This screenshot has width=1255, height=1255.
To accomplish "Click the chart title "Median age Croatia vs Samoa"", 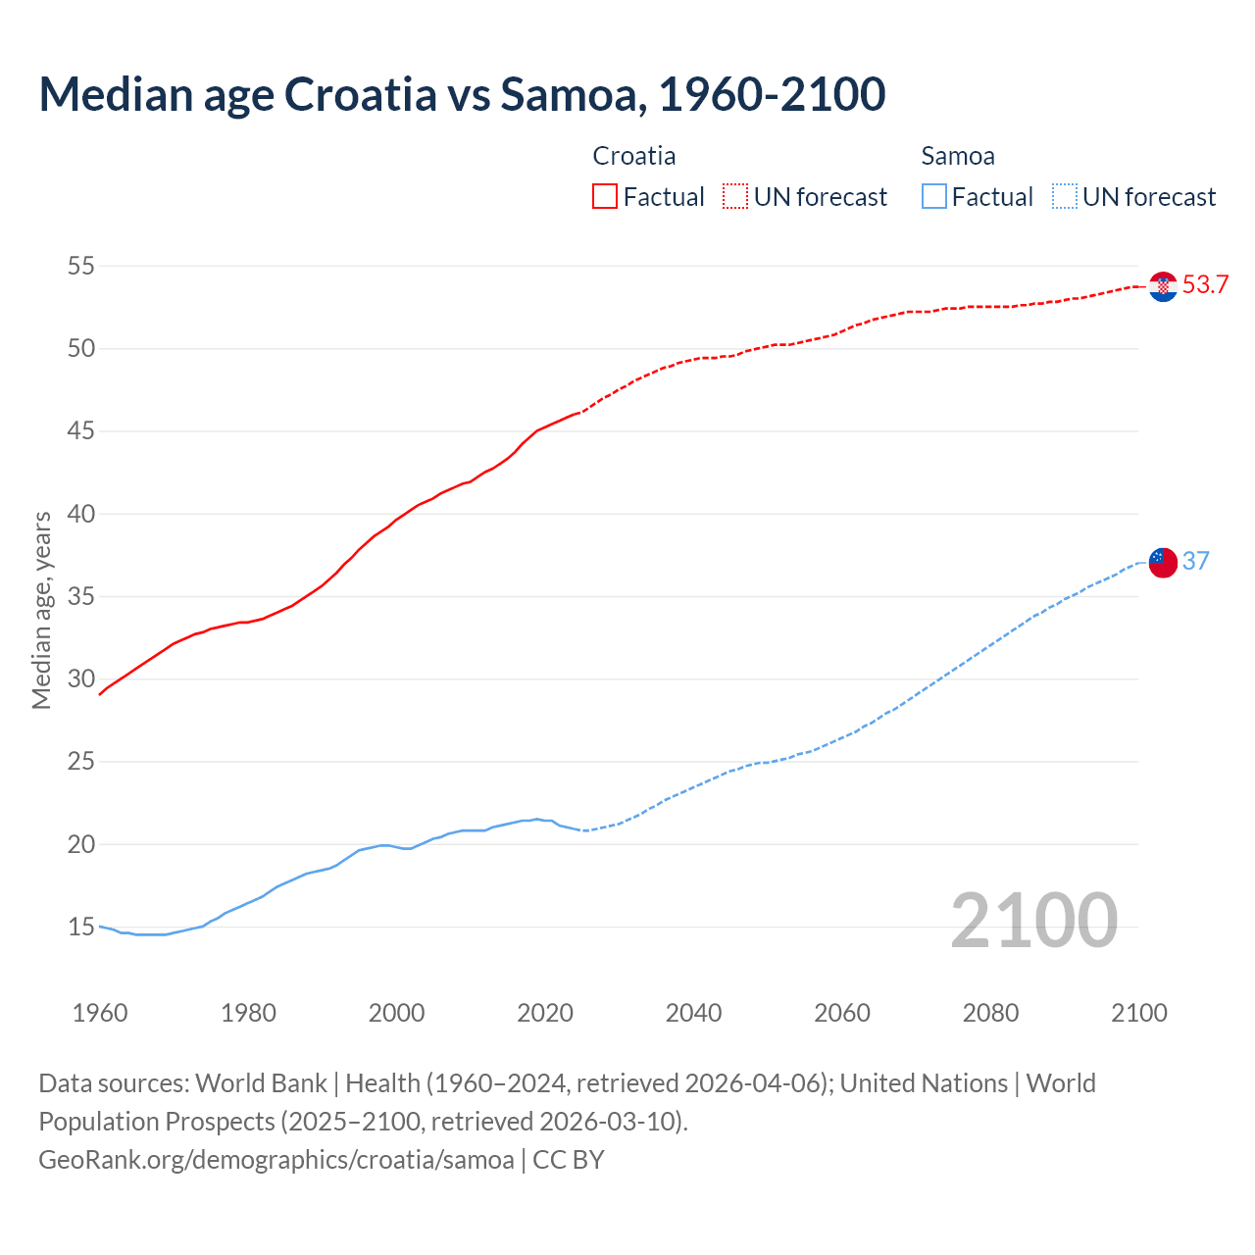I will click(x=462, y=94).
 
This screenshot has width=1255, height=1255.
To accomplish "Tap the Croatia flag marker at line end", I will click(x=1163, y=286).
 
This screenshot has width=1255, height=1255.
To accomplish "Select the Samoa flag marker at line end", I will click(x=1163, y=562).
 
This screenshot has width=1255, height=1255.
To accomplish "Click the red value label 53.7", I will click(x=1205, y=285).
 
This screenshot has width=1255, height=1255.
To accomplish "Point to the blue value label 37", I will click(x=1195, y=561).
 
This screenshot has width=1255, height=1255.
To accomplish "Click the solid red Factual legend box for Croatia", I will click(x=605, y=197).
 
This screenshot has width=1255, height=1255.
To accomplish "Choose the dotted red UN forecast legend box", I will click(x=735, y=197).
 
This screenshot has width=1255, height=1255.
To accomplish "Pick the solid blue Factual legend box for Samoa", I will click(x=934, y=197).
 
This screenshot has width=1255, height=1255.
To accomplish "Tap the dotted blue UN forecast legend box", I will click(x=1064, y=197).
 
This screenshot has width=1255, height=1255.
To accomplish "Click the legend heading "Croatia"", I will click(x=633, y=156).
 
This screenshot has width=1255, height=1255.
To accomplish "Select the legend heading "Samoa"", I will click(x=958, y=156).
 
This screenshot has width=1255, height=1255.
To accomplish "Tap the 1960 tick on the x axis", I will click(x=100, y=1013).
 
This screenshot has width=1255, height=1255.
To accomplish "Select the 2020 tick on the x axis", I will click(x=545, y=1013).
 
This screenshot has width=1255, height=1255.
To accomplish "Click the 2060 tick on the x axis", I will click(x=842, y=1013).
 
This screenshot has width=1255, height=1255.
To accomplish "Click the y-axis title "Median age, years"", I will click(x=41, y=610).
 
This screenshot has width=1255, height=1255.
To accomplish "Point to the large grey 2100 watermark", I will click(x=1033, y=920).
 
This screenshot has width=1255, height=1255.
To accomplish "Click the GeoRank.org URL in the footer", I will click(x=276, y=1160).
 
